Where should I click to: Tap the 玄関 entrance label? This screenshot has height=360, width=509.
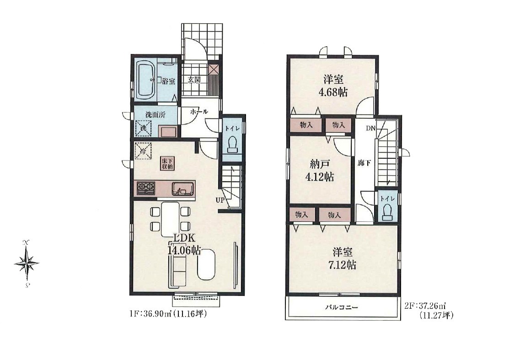194,80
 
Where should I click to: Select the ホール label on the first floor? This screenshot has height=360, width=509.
199,112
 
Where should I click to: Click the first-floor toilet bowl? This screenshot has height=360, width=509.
232,144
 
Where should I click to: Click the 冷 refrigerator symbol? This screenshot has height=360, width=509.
143,151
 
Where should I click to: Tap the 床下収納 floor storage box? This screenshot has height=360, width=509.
167,163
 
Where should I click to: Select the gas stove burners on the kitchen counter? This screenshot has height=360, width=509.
146,188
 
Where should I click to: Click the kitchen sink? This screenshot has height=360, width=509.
183,188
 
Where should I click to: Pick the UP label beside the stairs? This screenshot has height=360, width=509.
220,200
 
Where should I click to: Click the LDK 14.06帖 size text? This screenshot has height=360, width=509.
184,244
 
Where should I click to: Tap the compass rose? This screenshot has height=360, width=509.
27,262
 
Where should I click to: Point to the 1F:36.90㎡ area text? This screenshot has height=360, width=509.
167,314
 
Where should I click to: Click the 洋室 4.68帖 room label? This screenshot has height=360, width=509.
333,86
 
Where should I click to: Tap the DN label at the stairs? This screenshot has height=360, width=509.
371,128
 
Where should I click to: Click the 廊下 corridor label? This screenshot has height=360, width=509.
364,163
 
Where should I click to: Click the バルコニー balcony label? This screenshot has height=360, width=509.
342,307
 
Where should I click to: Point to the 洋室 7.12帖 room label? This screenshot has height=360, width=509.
342,259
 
